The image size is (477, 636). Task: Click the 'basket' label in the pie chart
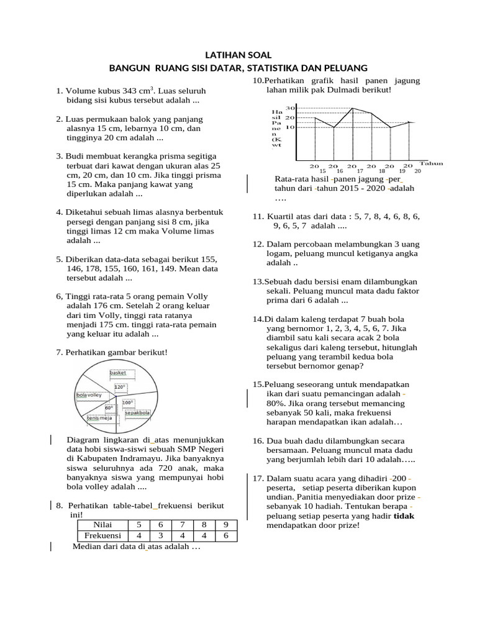tap(118, 373)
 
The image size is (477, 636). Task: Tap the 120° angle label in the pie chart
tap(119, 387)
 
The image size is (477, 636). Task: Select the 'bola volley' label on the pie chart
tap(89, 395)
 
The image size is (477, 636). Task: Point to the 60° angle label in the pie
tap(109, 408)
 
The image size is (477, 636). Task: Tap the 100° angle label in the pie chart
tap(129, 402)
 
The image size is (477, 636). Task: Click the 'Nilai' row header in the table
tap(102, 524)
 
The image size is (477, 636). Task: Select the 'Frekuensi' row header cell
tap(102, 535)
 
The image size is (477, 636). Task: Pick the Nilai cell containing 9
tap(225, 524)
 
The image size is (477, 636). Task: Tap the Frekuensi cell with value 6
tap(225, 535)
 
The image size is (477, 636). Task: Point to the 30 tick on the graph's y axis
tap(289, 107)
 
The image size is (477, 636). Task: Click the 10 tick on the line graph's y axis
tap(289, 127)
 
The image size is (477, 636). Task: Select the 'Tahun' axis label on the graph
tap(430, 163)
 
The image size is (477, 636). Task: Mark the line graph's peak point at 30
tap(353, 108)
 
